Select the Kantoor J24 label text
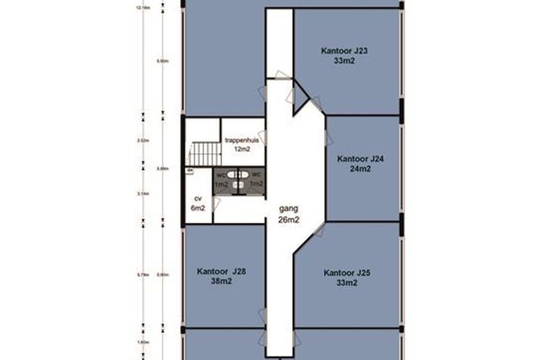(360, 159)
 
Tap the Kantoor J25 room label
(347, 273)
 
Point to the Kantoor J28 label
(222, 271)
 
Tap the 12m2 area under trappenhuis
(242, 149)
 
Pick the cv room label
(197, 197)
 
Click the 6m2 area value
(198, 208)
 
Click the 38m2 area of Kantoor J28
(221, 282)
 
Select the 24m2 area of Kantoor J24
(360, 168)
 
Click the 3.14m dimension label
(143, 195)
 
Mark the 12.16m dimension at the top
(143, 8)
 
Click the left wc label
(222, 174)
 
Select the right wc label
(255, 174)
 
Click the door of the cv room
(216, 204)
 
